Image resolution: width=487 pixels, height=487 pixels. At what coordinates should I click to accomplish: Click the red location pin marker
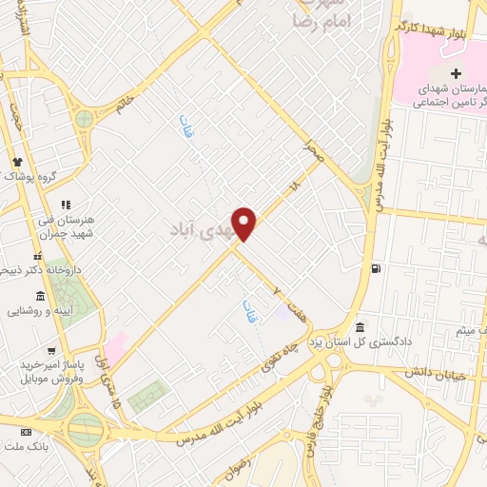tap(244, 224)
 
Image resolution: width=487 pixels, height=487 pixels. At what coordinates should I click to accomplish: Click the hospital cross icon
tap(456, 73)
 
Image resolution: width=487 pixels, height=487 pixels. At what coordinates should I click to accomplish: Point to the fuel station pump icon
tap(378, 268)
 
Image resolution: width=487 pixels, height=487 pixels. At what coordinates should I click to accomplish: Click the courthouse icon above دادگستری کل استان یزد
tap(360, 324)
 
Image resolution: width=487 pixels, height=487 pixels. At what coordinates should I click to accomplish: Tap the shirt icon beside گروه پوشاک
tap(16, 161)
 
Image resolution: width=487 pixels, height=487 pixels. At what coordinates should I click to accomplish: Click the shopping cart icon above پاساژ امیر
tap(37, 349)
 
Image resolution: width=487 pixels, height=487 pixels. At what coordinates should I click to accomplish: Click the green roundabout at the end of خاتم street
tap(86, 120)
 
